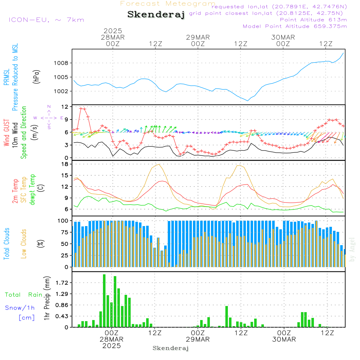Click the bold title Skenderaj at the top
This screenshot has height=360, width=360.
click(156, 15)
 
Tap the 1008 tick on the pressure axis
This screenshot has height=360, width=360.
click(61, 63)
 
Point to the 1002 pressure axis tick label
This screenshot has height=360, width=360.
click(61, 91)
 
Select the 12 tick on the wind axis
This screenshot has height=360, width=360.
click(65, 107)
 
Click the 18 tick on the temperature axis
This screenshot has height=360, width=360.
click(65, 164)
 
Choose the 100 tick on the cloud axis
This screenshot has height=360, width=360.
click(63, 220)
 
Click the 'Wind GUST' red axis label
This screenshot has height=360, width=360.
click(6, 133)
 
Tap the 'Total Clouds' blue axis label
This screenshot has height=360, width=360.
click(6, 244)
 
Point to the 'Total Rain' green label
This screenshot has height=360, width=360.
click(24, 295)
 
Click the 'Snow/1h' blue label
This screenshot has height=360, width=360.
click(20, 308)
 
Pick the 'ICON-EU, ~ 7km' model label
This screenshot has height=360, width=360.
click(46, 20)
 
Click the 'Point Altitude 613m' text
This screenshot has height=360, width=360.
click(313, 20)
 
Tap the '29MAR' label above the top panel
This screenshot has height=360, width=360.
click(198, 37)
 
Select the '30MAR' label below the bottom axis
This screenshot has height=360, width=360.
click(284, 339)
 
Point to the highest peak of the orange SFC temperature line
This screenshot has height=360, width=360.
click(159, 164)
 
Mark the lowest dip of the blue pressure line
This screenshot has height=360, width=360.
click(247, 100)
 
